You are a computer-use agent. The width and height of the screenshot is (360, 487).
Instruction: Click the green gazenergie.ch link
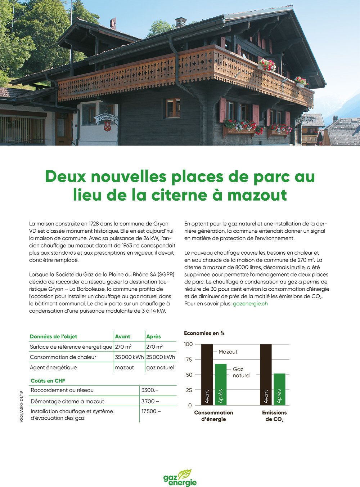click(250, 303)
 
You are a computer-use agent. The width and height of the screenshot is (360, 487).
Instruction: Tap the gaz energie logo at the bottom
click(180, 478)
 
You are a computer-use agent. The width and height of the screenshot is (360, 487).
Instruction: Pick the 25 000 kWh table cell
click(161, 357)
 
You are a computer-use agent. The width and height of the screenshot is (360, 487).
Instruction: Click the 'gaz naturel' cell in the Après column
click(160, 367)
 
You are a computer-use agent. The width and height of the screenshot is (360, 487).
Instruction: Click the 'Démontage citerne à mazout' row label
click(67, 401)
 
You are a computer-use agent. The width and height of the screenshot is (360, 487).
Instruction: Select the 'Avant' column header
click(122, 336)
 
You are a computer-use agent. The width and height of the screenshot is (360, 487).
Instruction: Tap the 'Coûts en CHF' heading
click(48, 380)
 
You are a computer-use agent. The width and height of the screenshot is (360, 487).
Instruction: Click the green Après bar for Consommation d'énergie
click(221, 384)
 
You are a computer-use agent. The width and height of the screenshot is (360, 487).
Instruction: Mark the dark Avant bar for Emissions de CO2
click(266, 375)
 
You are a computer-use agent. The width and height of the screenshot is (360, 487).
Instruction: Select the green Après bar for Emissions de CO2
click(279, 389)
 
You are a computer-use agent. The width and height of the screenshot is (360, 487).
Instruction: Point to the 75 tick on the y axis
click(189, 359)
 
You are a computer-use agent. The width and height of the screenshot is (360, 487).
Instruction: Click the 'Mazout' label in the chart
click(228, 352)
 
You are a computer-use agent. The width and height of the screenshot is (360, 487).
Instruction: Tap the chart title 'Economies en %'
click(204, 333)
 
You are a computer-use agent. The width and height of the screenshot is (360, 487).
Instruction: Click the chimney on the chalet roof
click(180, 22)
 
